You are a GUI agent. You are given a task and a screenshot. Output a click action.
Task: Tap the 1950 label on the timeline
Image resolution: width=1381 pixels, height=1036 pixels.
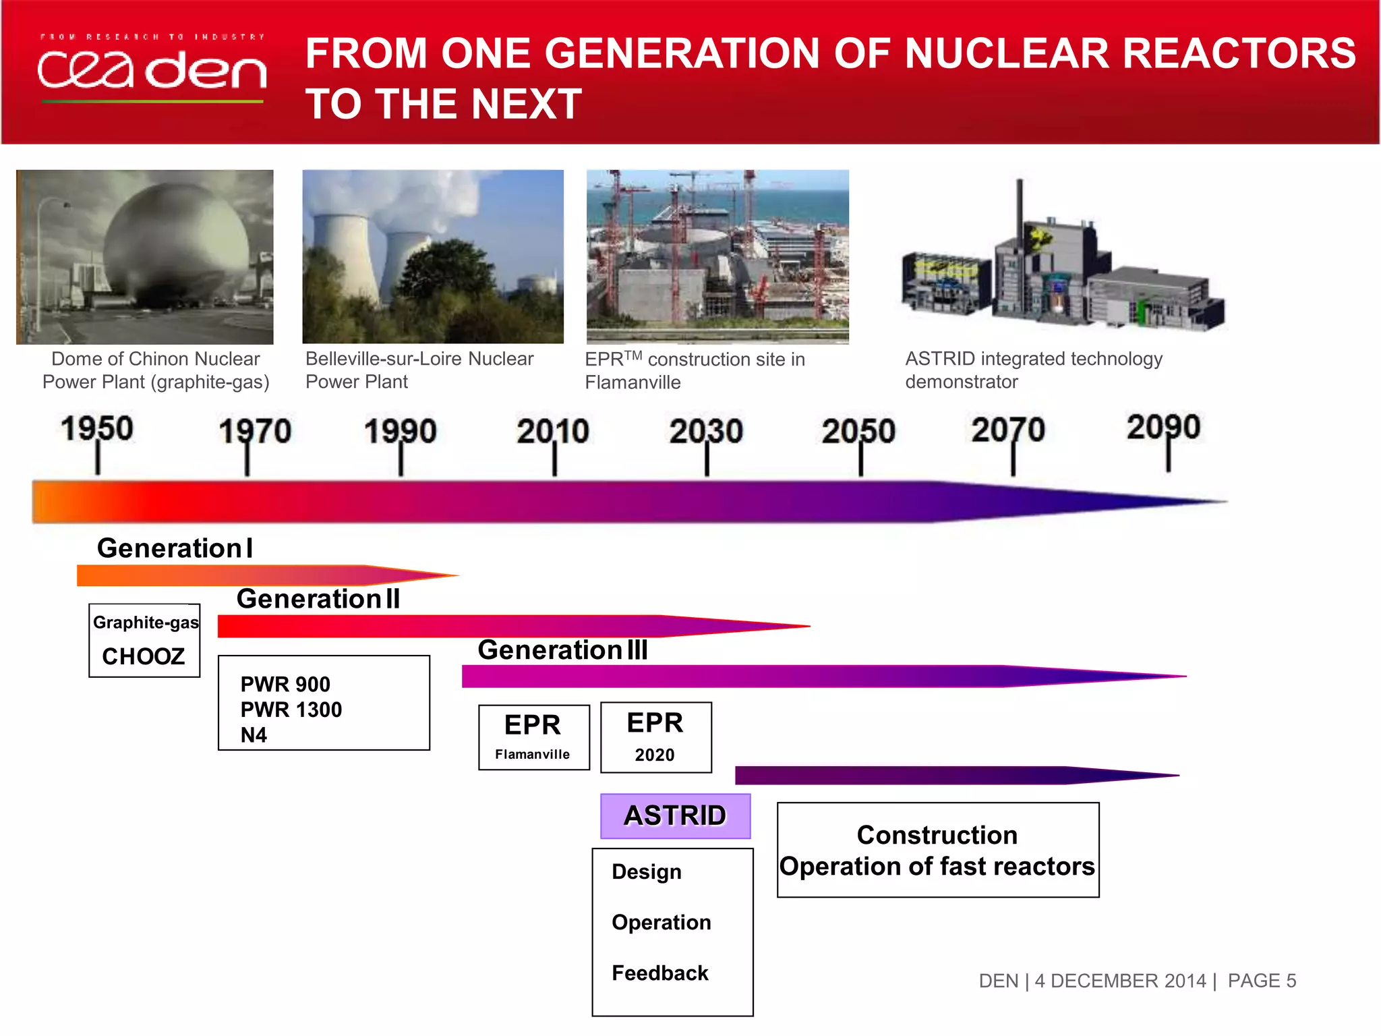pyautogui.click(x=97, y=429)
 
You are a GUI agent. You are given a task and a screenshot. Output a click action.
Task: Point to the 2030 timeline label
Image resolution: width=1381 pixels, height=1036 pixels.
pyautogui.click(x=706, y=432)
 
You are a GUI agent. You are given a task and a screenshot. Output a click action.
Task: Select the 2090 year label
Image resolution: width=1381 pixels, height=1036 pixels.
pyautogui.click(x=1163, y=428)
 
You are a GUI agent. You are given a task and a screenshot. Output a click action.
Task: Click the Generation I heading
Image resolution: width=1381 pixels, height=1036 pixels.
pyautogui.click(x=175, y=548)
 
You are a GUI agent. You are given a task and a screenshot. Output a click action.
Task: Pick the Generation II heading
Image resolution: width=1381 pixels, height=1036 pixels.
pyautogui.click(x=318, y=599)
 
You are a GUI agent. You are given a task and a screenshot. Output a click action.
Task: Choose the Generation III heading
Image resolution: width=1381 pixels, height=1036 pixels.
pyautogui.click(x=562, y=650)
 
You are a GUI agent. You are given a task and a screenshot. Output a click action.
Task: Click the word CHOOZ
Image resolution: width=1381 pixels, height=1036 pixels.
pyautogui.click(x=143, y=656)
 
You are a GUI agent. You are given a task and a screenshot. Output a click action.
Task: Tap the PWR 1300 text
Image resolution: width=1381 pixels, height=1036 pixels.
pyautogui.click(x=291, y=710)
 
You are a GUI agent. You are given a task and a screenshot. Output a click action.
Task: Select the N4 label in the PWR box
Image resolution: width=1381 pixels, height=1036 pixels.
pyautogui.click(x=254, y=735)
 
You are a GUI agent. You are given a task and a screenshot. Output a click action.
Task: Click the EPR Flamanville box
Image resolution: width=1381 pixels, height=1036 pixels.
pyautogui.click(x=533, y=737)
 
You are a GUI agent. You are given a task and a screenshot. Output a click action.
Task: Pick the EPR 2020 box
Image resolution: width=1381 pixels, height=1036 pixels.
pyautogui.click(x=655, y=737)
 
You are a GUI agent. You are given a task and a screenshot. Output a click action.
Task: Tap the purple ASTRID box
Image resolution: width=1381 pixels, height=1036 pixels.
pyautogui.click(x=675, y=816)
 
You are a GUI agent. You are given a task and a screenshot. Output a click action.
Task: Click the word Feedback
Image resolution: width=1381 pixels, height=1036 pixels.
pyautogui.click(x=659, y=973)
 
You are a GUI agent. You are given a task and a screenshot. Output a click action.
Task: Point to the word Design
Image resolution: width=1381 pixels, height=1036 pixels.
pyautogui.click(x=646, y=872)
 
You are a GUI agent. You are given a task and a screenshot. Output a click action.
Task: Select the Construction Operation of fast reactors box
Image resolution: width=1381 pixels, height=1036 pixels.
pyautogui.click(x=937, y=850)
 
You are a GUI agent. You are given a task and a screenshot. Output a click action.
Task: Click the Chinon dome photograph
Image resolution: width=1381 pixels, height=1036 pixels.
pyautogui.click(x=145, y=257)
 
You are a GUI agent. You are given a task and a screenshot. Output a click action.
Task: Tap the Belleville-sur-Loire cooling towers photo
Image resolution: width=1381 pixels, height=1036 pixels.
pyautogui.click(x=432, y=257)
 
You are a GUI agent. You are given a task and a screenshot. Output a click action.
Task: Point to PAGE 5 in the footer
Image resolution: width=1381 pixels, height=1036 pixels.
pyautogui.click(x=1261, y=981)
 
